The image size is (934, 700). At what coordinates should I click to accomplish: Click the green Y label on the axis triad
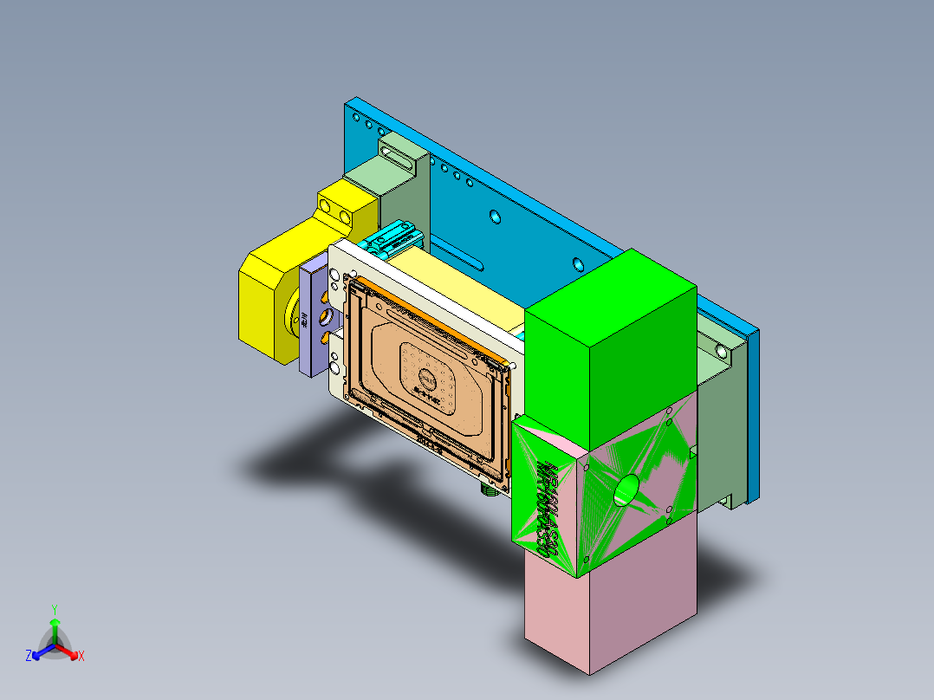click(x=55, y=609)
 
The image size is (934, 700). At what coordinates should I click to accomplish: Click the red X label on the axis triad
click(x=81, y=657)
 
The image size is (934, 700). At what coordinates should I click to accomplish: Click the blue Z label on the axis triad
click(x=29, y=657)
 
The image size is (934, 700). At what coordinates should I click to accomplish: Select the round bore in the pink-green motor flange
click(x=625, y=490)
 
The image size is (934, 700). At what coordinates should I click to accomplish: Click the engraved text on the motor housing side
click(x=545, y=511)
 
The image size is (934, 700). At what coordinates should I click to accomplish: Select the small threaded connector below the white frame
click(x=490, y=489)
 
